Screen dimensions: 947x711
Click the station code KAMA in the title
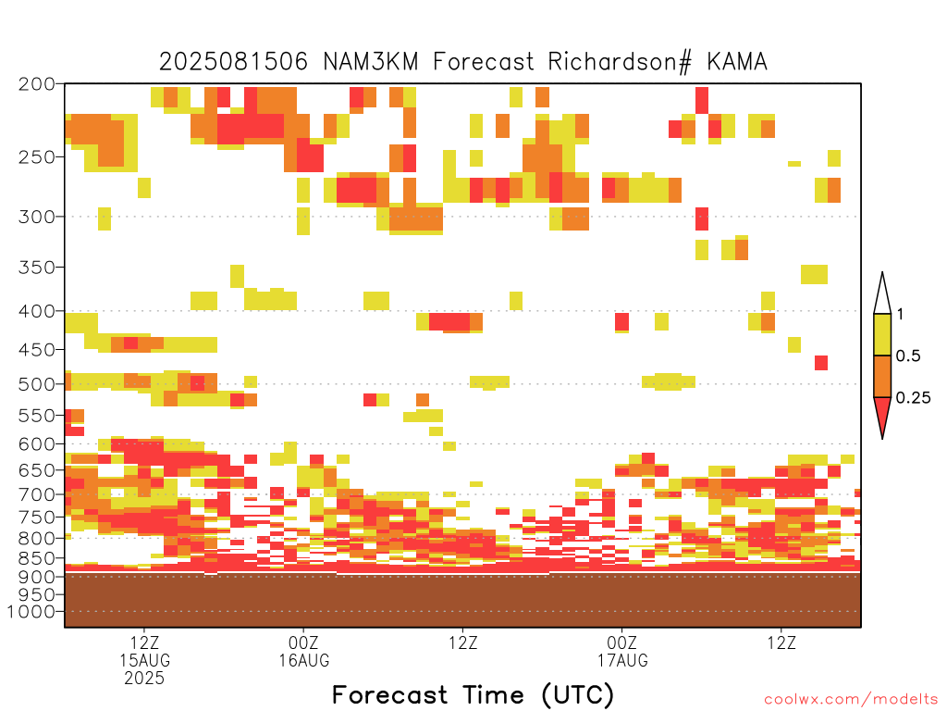click(x=737, y=62)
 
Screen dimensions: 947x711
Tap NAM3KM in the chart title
click(x=371, y=62)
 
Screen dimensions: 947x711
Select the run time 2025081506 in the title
click(x=233, y=62)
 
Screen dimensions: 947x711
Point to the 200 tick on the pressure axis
click(x=36, y=84)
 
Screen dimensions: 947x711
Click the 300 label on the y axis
click(x=36, y=217)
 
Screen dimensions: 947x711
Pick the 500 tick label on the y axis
click(x=36, y=384)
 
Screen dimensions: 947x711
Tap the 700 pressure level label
click(x=36, y=494)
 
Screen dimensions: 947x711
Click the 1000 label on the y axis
click(x=31, y=612)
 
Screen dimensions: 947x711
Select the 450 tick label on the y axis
click(x=36, y=349)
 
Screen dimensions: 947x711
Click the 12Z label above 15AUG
click(x=144, y=642)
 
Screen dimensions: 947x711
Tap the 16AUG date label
click(x=303, y=660)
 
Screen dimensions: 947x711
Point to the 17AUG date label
click(x=622, y=660)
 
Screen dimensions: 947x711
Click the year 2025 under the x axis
click(x=144, y=678)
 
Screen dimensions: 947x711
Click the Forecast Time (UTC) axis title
click(x=473, y=695)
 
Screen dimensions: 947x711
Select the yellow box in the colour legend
click(x=882, y=334)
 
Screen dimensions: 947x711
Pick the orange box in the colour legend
click(x=882, y=376)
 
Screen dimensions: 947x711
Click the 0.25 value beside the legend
click(x=913, y=398)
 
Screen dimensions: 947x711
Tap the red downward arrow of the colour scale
click(x=882, y=416)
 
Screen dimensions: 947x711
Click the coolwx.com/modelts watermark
click(x=847, y=700)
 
